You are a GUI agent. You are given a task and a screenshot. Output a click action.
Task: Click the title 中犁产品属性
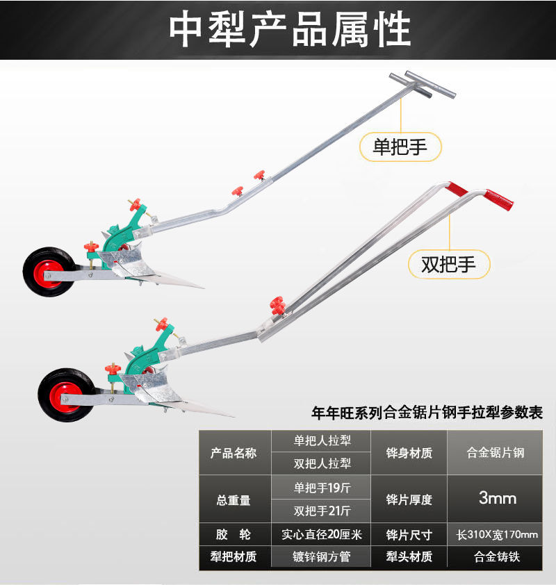click(x=291, y=29)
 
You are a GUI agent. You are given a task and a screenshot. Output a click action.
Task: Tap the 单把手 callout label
click(x=400, y=147)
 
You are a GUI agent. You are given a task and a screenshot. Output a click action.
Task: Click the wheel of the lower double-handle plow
click(x=65, y=395)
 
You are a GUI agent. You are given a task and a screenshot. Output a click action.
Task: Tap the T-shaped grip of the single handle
click(x=422, y=84)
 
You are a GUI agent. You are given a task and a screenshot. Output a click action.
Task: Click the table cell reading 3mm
click(x=498, y=498)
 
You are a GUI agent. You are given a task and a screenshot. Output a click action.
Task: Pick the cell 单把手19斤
click(x=322, y=487)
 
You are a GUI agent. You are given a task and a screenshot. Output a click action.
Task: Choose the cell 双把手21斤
click(x=322, y=511)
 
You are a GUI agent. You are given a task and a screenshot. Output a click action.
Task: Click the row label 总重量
click(x=234, y=499)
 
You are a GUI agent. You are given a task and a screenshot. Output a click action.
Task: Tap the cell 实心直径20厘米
click(x=322, y=534)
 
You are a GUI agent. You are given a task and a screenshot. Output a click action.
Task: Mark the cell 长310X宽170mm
click(x=497, y=534)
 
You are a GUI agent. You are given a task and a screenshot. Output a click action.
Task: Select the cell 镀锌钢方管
click(x=322, y=557)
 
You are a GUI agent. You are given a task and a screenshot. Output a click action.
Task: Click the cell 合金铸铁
click(x=497, y=557)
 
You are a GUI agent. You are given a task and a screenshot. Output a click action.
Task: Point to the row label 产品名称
click(x=234, y=453)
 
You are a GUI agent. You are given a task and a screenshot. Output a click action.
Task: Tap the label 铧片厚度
click(x=409, y=499)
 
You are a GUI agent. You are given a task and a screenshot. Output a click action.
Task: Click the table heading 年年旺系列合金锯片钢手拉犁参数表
click(x=432, y=413)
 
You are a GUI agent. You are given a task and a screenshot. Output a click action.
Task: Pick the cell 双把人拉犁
click(x=322, y=463)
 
